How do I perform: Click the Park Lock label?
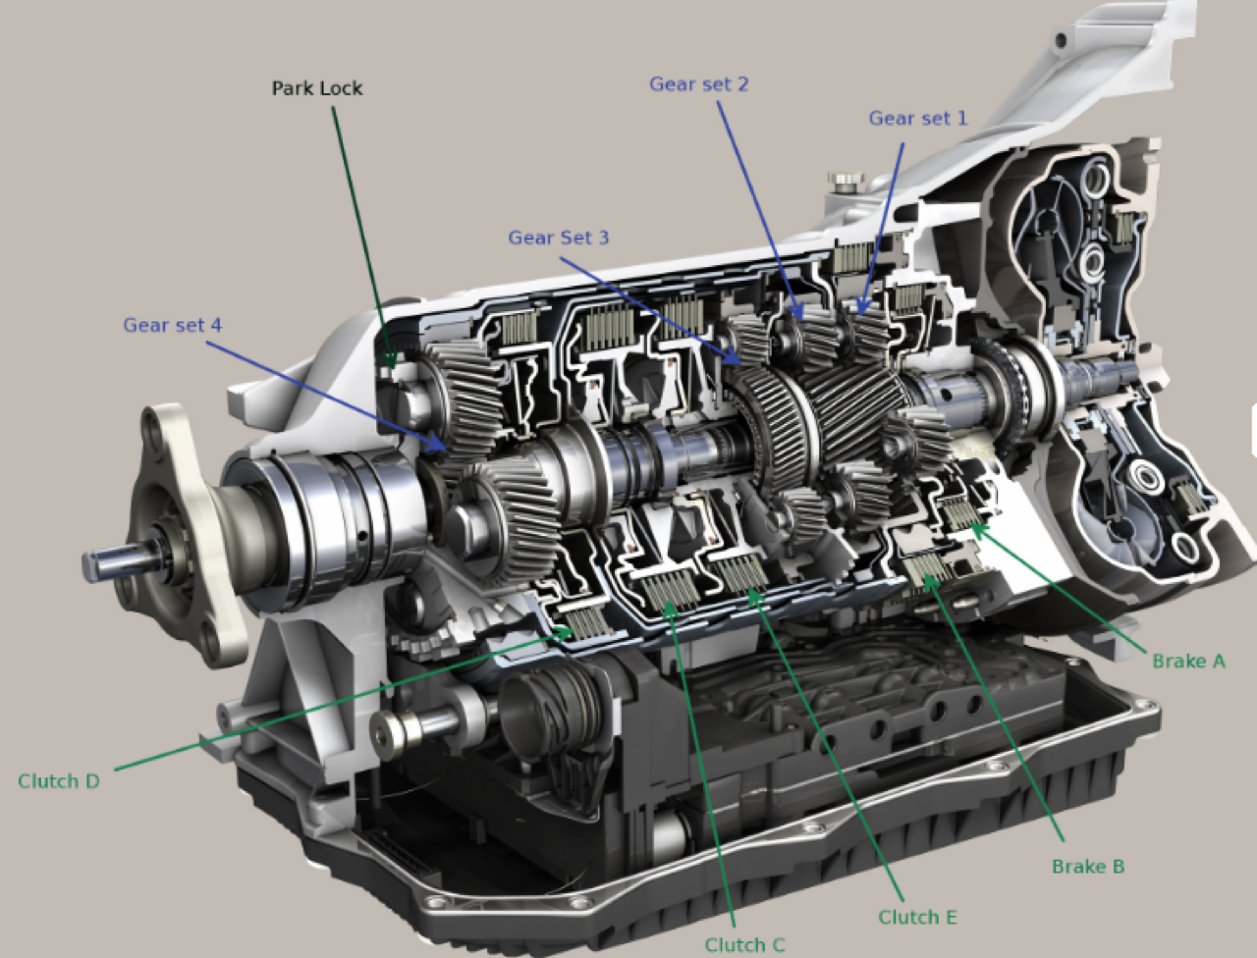click(x=316, y=88)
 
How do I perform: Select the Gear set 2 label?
click(x=698, y=84)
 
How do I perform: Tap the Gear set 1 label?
click(x=918, y=118)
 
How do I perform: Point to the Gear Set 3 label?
click(x=559, y=238)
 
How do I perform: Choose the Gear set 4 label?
click(x=173, y=325)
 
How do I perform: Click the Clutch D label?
click(x=58, y=781)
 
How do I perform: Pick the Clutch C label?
click(x=744, y=945)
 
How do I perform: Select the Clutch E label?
click(x=917, y=918)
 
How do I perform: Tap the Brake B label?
click(x=1088, y=867)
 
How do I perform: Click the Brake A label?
click(x=1189, y=662)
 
